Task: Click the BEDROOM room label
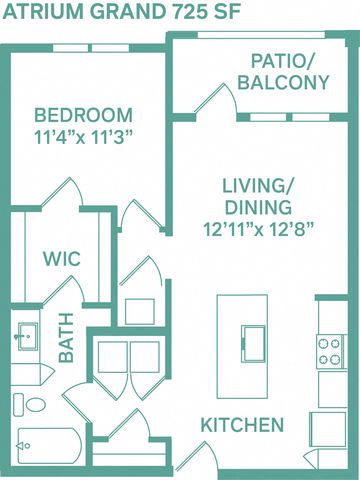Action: coord(83,115)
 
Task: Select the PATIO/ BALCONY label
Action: coord(283,72)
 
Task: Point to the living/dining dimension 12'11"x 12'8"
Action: coord(259,229)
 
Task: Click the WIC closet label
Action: coord(62,259)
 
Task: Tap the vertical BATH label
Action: coord(66,338)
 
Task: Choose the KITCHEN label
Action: coord(242,425)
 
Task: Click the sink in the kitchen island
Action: coord(253,344)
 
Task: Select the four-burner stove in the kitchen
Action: coord(331,351)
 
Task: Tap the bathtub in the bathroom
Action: coord(50,446)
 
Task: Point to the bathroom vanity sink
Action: coord(28,336)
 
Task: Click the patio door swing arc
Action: coord(230,97)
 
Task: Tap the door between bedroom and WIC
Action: coord(62,194)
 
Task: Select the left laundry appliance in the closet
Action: coord(112,357)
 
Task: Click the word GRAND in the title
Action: coord(127,12)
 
